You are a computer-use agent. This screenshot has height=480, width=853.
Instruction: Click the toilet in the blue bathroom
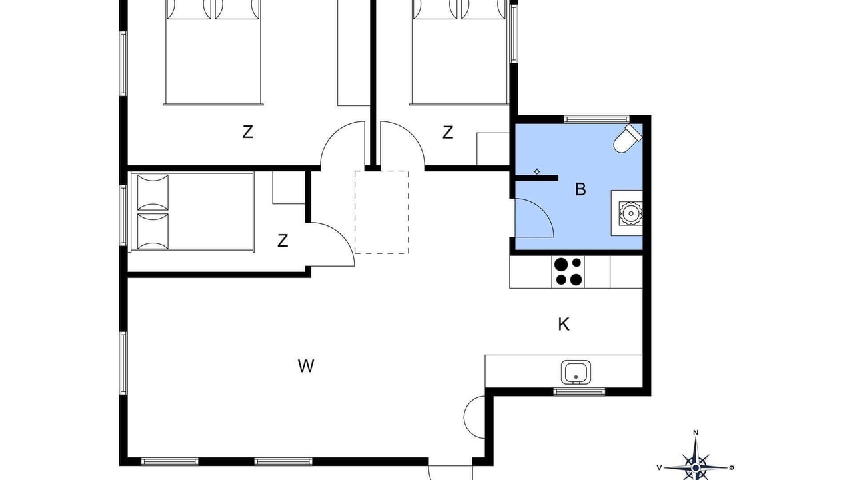628,139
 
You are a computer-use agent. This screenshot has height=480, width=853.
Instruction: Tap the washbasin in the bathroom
630,213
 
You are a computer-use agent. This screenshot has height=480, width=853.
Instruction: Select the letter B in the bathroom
580,189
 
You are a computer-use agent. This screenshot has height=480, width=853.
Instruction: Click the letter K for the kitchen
564,325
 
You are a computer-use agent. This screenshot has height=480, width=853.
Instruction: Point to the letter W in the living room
306,366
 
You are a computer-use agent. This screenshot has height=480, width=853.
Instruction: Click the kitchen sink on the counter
576,372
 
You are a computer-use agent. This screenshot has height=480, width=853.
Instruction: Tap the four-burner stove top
568,271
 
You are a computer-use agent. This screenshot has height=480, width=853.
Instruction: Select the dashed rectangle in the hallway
382,212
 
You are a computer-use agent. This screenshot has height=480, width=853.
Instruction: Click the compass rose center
696,468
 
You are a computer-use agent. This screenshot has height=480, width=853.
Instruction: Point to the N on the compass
696,433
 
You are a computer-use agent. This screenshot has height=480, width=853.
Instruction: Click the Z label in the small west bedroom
282,241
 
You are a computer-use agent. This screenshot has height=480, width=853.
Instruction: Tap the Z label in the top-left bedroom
247,133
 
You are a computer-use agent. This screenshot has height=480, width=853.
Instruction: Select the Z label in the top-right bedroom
448,133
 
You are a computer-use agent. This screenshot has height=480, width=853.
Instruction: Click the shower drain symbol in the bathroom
537,172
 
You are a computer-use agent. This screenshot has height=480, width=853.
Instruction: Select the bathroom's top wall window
596,119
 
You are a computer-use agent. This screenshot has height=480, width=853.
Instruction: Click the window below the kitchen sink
579,391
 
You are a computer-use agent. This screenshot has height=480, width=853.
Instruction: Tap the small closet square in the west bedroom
289,187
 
